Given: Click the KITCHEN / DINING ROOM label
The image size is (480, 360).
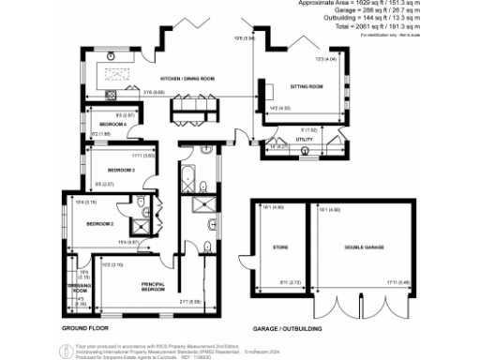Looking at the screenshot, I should [x=188, y=78].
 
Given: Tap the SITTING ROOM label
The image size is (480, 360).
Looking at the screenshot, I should [x=307, y=86].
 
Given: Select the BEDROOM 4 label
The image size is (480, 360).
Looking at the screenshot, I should [x=112, y=124].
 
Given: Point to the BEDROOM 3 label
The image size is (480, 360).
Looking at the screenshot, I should [x=122, y=170].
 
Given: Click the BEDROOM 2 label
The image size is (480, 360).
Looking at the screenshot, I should [x=99, y=224].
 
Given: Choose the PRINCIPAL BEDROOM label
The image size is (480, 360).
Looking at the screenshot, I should [x=154, y=287].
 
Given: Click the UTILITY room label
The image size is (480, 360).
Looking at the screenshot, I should [x=304, y=140].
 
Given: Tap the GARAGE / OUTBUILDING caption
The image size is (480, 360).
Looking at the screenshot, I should [x=288, y=330].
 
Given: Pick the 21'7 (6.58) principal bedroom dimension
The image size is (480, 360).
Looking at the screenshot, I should [x=191, y=303].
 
